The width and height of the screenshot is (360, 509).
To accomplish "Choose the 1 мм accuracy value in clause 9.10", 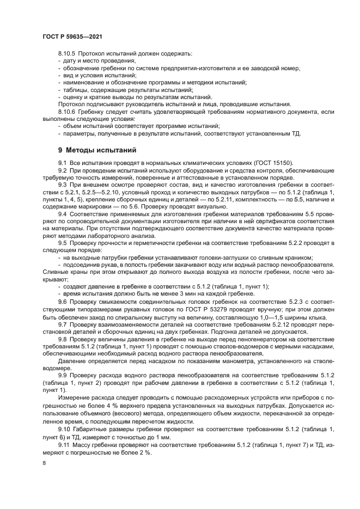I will tap(164, 437).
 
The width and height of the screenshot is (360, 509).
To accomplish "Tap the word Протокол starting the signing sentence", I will tap(70, 103).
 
